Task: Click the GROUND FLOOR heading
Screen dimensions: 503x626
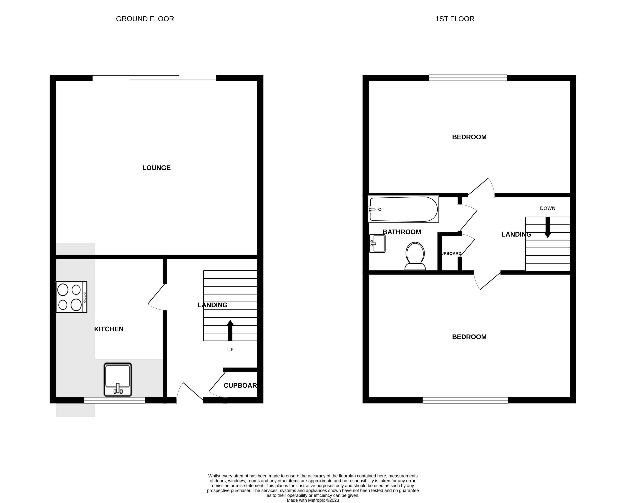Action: pyautogui.click(x=145, y=19)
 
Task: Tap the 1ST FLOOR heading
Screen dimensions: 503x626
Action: pyautogui.click(x=455, y=19)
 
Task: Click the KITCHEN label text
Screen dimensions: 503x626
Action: pyautogui.click(x=109, y=329)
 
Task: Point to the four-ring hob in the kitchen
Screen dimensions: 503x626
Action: pyautogui.click(x=71, y=297)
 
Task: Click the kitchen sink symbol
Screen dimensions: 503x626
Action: pyautogui.click(x=118, y=380)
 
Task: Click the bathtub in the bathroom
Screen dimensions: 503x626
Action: pyautogui.click(x=403, y=209)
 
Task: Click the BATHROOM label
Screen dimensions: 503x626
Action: pyautogui.click(x=402, y=232)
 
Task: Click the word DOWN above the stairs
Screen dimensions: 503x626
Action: pyautogui.click(x=548, y=208)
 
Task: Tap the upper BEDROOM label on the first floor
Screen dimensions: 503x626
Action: pyautogui.click(x=469, y=137)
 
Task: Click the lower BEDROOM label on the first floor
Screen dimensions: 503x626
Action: pyautogui.click(x=469, y=337)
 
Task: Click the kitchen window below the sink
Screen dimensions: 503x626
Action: pyautogui.click(x=115, y=400)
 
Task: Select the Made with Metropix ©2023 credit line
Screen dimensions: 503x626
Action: pyautogui.click(x=313, y=500)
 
